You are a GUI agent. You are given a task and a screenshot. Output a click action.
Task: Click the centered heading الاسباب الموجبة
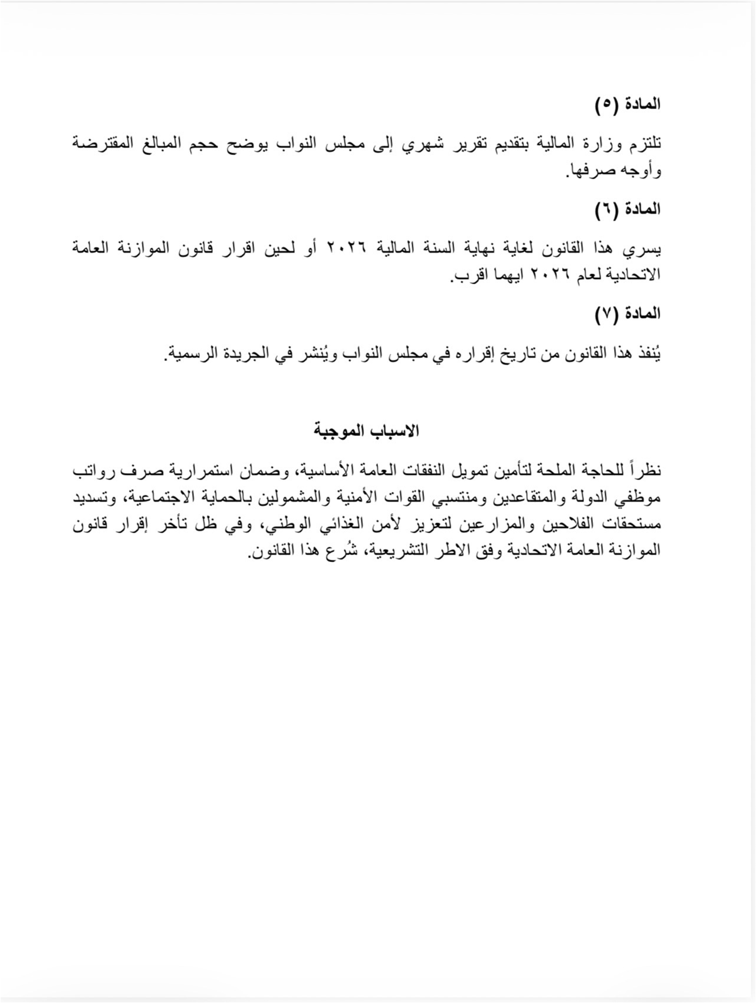tap(367, 431)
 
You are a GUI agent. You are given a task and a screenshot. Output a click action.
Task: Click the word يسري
tap(646, 249)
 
